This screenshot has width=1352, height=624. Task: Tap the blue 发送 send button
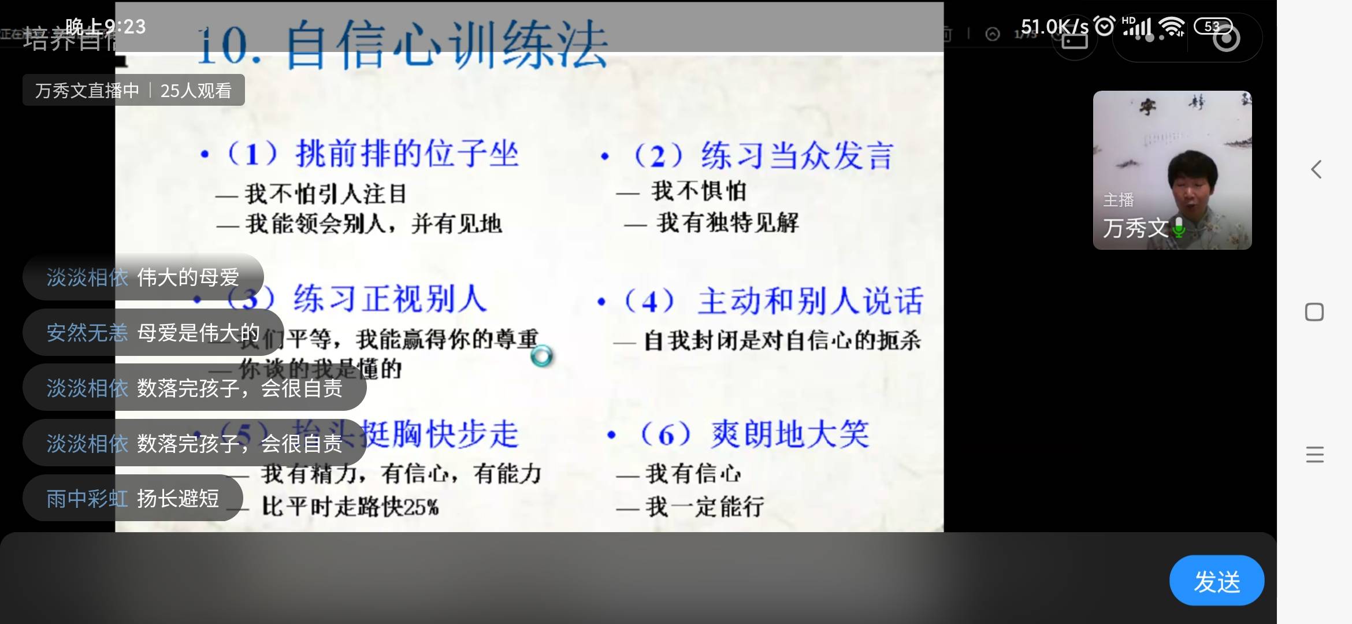point(1216,581)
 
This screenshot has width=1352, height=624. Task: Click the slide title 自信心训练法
point(446,45)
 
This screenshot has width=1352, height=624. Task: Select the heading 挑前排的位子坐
point(407,154)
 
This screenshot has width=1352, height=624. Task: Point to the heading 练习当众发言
point(797,156)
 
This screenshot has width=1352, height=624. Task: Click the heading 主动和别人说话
point(809,301)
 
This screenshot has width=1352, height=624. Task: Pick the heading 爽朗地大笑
point(790,434)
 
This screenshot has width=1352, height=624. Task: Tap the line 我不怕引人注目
point(325,194)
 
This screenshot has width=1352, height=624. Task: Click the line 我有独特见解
point(727,222)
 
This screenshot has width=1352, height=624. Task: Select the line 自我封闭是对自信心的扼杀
point(782,341)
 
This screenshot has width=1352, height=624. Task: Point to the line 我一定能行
point(704,507)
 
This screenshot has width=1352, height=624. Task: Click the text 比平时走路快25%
point(350,507)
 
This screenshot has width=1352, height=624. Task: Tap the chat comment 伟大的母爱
point(188,277)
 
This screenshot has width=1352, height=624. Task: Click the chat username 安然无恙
point(87,333)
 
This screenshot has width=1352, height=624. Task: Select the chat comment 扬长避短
point(178,498)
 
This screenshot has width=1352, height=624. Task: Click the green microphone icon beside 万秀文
point(1179,228)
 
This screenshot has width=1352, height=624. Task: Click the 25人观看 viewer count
point(196,91)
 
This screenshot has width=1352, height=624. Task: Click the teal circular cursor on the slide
point(541,356)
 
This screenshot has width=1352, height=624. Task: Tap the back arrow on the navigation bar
point(1316,169)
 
